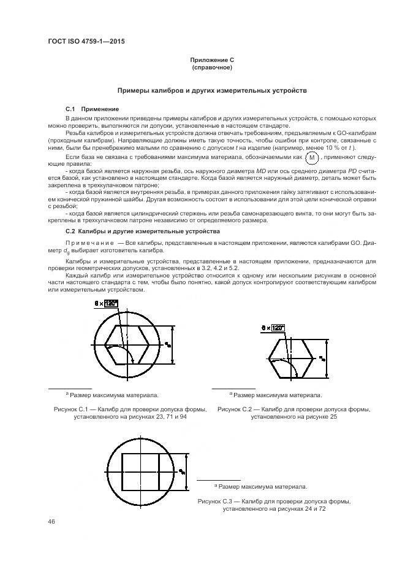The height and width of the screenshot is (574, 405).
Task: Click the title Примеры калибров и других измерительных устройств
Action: pyautogui.click(x=212, y=90)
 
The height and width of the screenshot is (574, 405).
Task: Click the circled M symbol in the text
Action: pyautogui.click(x=313, y=158)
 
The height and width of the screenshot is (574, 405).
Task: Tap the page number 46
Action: pyautogui.click(x=51, y=522)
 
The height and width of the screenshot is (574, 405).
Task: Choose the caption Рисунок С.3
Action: pyautogui.click(x=274, y=505)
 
